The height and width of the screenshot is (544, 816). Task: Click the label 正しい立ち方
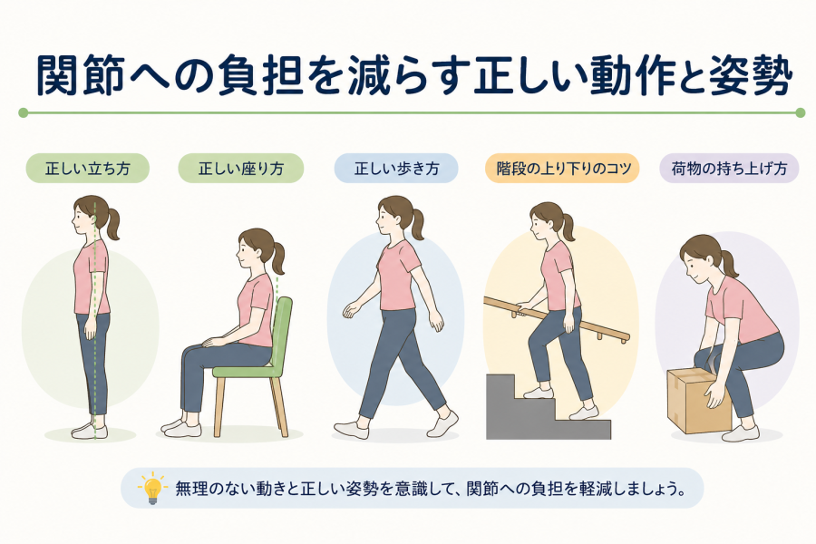(x=87, y=168)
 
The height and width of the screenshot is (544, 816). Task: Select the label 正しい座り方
(x=241, y=168)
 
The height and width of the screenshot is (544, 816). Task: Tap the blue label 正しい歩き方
(x=396, y=168)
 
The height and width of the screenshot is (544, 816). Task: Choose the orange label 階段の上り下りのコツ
(x=562, y=168)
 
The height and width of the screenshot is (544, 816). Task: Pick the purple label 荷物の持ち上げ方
(x=729, y=168)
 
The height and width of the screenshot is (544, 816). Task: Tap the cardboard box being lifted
(x=694, y=401)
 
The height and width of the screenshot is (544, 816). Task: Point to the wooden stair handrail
(x=557, y=318)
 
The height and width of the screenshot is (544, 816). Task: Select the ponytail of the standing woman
(x=112, y=223)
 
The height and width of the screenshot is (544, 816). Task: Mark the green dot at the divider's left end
(x=23, y=112)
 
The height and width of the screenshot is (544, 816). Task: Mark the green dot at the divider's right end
(x=801, y=112)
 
